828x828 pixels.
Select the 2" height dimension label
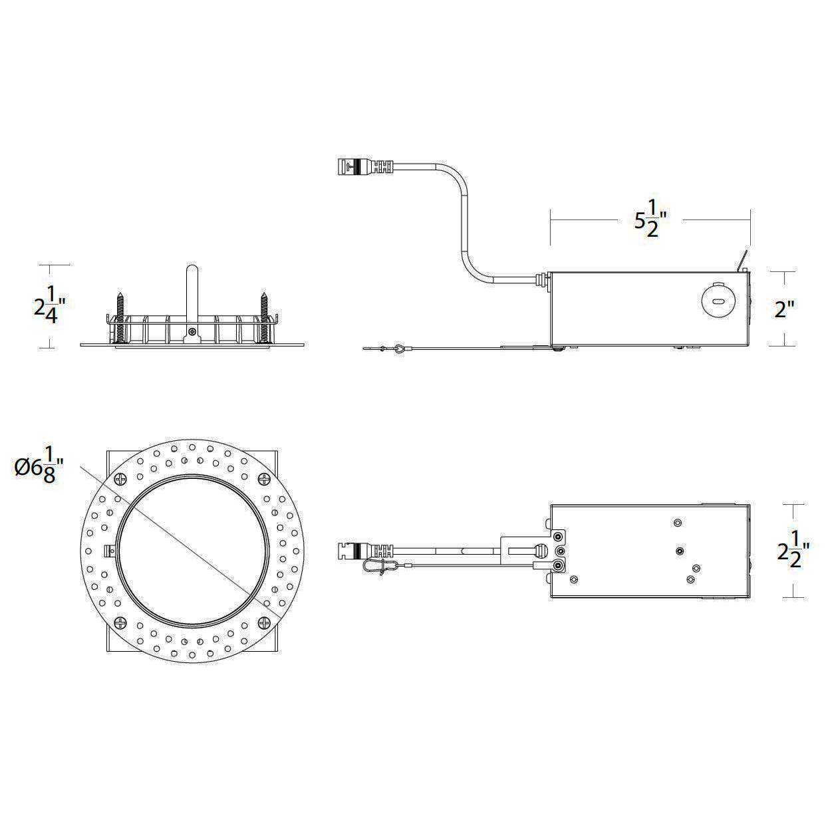784,309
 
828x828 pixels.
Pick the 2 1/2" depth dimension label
793,551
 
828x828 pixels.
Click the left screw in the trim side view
120,318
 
